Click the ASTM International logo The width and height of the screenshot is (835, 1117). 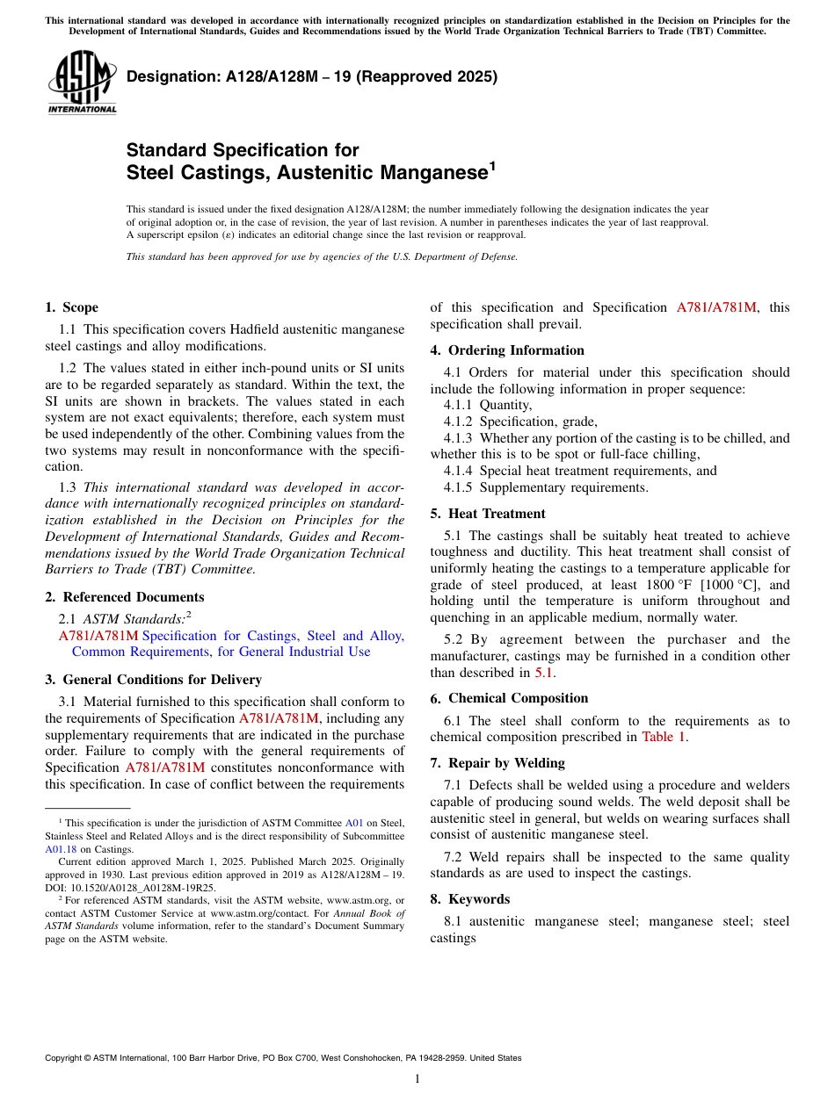[x=82, y=82]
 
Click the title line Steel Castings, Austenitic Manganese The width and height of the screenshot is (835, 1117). [x=308, y=173]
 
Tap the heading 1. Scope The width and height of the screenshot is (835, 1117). [x=71, y=307]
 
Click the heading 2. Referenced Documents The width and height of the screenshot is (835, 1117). [x=124, y=597]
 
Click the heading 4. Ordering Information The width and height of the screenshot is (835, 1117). [x=507, y=350]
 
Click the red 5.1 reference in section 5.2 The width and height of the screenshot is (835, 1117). [x=544, y=673]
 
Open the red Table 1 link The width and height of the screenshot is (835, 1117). [x=663, y=737]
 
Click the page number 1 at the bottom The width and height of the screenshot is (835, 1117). [x=417, y=1078]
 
